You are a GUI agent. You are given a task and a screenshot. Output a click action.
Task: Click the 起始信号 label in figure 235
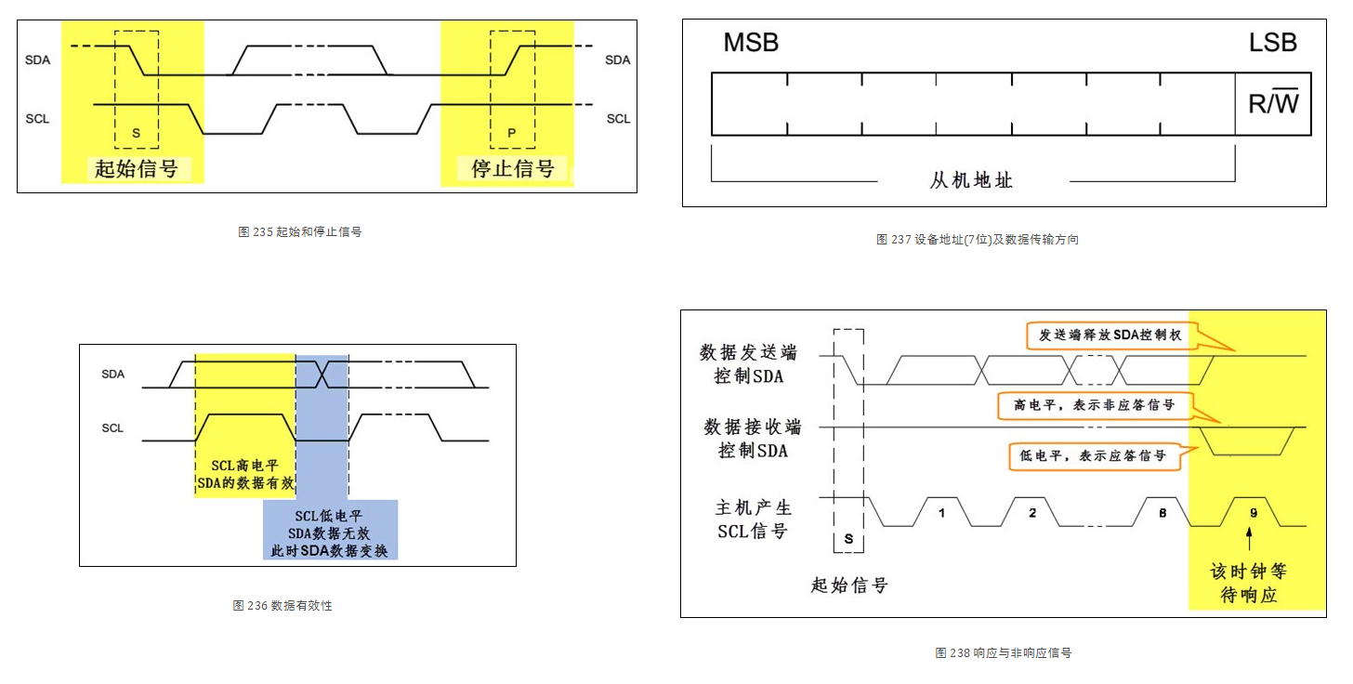(136, 168)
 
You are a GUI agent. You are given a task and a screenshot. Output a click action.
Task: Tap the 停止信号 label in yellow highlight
(513, 168)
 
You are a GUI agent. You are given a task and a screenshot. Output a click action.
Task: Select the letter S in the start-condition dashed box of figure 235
(136, 133)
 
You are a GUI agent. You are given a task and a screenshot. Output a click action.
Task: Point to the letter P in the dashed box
(512, 133)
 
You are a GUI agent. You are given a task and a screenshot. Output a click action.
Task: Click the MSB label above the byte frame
(750, 43)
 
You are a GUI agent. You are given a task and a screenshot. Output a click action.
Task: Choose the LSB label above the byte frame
(1272, 43)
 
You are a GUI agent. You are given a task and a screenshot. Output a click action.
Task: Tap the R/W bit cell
(1272, 103)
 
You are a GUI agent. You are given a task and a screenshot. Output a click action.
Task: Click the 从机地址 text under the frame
(971, 180)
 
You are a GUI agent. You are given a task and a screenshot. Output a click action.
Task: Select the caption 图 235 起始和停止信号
(299, 231)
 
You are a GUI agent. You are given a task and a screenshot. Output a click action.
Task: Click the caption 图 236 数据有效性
(282, 605)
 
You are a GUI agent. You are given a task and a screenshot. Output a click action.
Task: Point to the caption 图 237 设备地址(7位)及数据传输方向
(977, 239)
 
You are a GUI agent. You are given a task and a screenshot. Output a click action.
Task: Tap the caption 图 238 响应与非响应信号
(1003, 652)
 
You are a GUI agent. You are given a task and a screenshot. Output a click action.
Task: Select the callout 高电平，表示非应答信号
(1093, 405)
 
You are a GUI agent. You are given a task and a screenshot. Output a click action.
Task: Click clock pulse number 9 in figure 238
(1252, 511)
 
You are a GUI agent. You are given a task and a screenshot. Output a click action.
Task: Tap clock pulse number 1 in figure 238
(940, 511)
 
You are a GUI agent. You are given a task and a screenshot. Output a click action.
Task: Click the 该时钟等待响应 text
(1248, 582)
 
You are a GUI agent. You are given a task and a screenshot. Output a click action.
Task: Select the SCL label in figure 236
(112, 427)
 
